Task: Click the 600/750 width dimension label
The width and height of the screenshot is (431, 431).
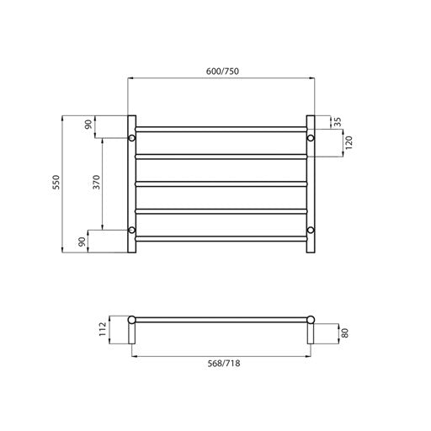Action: click(x=221, y=72)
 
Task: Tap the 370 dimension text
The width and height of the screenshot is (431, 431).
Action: click(x=96, y=183)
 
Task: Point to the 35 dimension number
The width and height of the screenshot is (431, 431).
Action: click(x=338, y=123)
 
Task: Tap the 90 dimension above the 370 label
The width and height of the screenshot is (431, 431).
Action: click(x=88, y=125)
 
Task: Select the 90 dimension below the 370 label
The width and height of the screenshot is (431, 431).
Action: click(x=82, y=242)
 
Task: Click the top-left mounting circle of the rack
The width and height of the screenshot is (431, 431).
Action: click(x=131, y=137)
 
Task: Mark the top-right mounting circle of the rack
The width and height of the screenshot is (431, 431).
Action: click(x=311, y=137)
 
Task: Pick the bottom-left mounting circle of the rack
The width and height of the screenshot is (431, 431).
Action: click(x=131, y=230)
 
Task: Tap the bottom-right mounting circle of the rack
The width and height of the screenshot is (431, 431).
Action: click(x=311, y=230)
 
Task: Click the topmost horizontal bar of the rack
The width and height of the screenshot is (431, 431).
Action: click(x=221, y=129)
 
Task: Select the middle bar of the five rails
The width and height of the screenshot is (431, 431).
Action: click(x=221, y=184)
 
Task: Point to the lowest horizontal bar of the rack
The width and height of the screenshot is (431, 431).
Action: click(x=221, y=239)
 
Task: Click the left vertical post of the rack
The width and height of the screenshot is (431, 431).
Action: click(x=131, y=185)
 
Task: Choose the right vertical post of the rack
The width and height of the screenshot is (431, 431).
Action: click(x=311, y=185)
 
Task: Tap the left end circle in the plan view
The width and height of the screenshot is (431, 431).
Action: click(x=131, y=321)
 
